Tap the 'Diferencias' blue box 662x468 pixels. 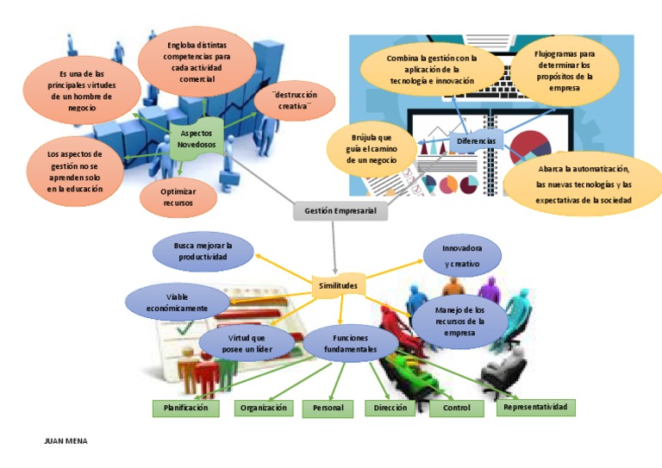[x=477, y=140]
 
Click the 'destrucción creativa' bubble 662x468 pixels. [x=295, y=100]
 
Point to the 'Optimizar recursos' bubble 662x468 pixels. [x=178, y=197]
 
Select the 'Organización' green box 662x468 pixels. [x=264, y=409]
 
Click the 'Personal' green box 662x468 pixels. [x=328, y=409]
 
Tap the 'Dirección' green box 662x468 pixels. [x=390, y=409]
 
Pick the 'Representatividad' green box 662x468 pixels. [x=535, y=407]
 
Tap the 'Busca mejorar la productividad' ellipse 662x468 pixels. [x=203, y=251]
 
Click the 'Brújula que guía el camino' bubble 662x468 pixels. [x=371, y=149]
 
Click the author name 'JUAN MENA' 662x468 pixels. [x=66, y=440]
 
